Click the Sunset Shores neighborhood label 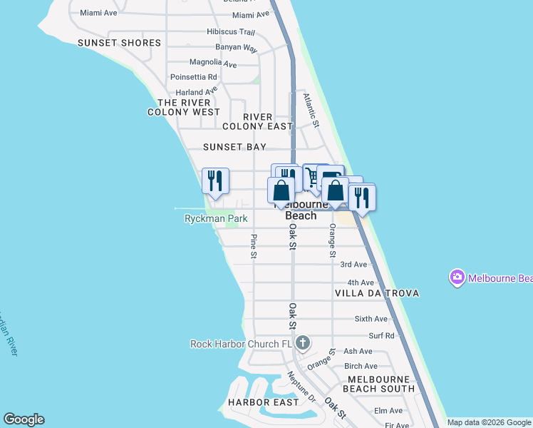[x=120, y=43]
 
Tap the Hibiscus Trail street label [x=231, y=32]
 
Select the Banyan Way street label [x=241, y=49]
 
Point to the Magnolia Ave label [x=213, y=63]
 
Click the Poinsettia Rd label [x=193, y=77]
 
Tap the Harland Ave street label [x=197, y=92]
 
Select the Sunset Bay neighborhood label [x=234, y=147]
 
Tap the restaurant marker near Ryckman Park [x=215, y=180]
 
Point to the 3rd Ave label [x=353, y=264]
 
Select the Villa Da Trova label [x=376, y=293]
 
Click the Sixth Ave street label [x=371, y=319]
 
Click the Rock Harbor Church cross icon [x=303, y=344]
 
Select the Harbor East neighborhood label [x=264, y=402]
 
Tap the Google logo [x=24, y=419]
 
